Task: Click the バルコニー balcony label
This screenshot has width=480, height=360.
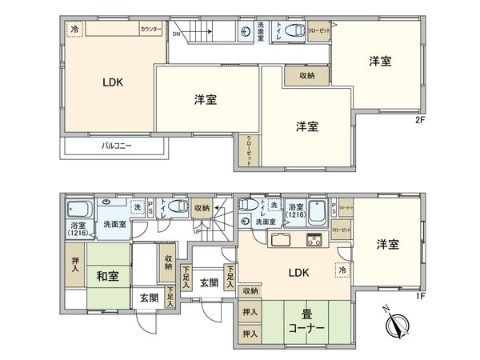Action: tap(117, 146)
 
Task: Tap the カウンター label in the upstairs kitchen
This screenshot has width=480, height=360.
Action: tap(150, 29)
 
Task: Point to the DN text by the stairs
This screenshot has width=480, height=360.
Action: tap(175, 34)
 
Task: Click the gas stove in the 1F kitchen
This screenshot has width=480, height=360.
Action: tap(311, 238)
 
